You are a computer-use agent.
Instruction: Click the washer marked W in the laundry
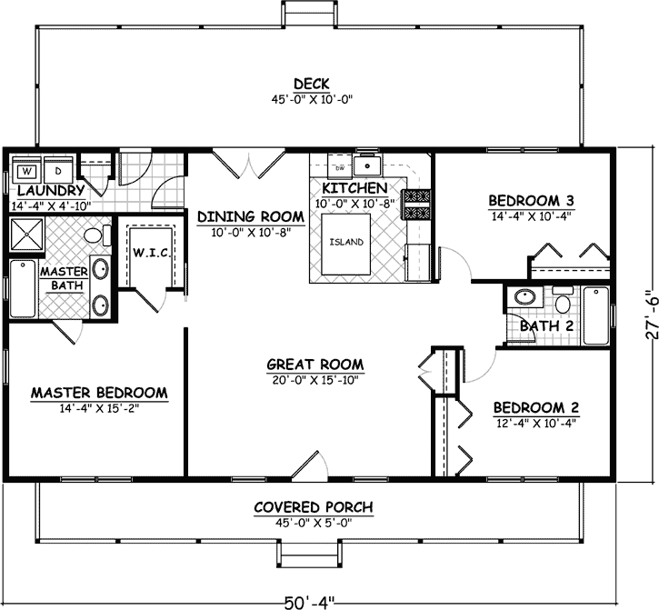click(27, 171)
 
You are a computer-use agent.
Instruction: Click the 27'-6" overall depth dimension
click(645, 314)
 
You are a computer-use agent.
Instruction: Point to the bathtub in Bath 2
click(595, 315)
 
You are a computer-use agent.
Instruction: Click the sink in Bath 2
click(525, 297)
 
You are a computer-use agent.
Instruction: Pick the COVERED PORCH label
click(314, 506)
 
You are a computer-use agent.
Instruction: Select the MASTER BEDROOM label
click(99, 393)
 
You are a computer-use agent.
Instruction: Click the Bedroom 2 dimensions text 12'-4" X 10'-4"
click(535, 422)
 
